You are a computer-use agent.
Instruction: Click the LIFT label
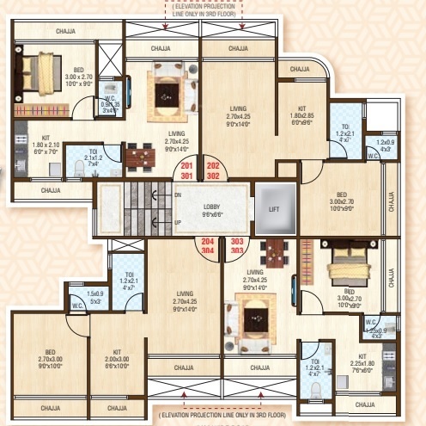(274, 208)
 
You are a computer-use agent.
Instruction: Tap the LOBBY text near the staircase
(212, 207)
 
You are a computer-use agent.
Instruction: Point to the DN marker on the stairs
(177, 194)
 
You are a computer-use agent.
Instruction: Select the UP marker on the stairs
(177, 222)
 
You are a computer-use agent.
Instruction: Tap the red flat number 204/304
(183, 247)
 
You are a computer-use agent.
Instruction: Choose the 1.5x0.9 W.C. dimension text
(95, 274)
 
